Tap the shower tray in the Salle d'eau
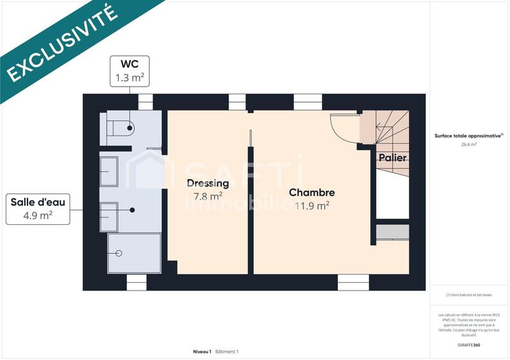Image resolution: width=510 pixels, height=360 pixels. (135, 253)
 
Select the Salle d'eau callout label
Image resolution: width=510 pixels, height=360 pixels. (38, 208)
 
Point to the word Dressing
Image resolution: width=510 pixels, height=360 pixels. (208, 184)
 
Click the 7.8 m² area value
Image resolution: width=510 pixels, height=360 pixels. (208, 196)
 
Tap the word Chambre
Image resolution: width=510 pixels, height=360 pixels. (312, 192)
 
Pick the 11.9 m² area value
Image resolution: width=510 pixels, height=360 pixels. (312, 205)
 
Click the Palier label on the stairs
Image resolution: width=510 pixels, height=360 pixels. (393, 157)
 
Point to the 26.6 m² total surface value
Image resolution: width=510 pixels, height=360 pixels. (469, 145)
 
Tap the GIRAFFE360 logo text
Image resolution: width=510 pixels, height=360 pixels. (469, 345)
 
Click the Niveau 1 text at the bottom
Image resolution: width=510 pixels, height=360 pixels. (202, 352)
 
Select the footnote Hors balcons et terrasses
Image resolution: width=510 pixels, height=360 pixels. (469, 295)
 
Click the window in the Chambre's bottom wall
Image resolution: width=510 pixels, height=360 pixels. (353, 282)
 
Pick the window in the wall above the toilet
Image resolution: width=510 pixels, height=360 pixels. (146, 102)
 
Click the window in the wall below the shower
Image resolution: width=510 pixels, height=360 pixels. (136, 282)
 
